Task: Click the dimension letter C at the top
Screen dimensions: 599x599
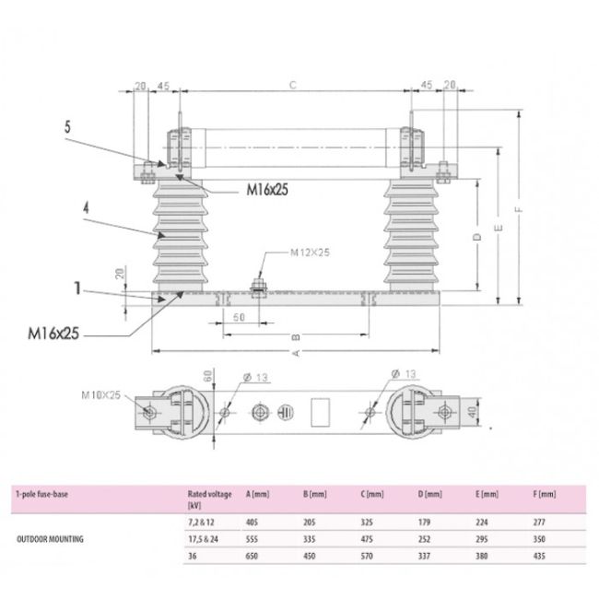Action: (292, 85)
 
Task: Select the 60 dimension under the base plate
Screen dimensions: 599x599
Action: (240, 316)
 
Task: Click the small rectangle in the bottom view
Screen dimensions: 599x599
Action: (323, 410)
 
